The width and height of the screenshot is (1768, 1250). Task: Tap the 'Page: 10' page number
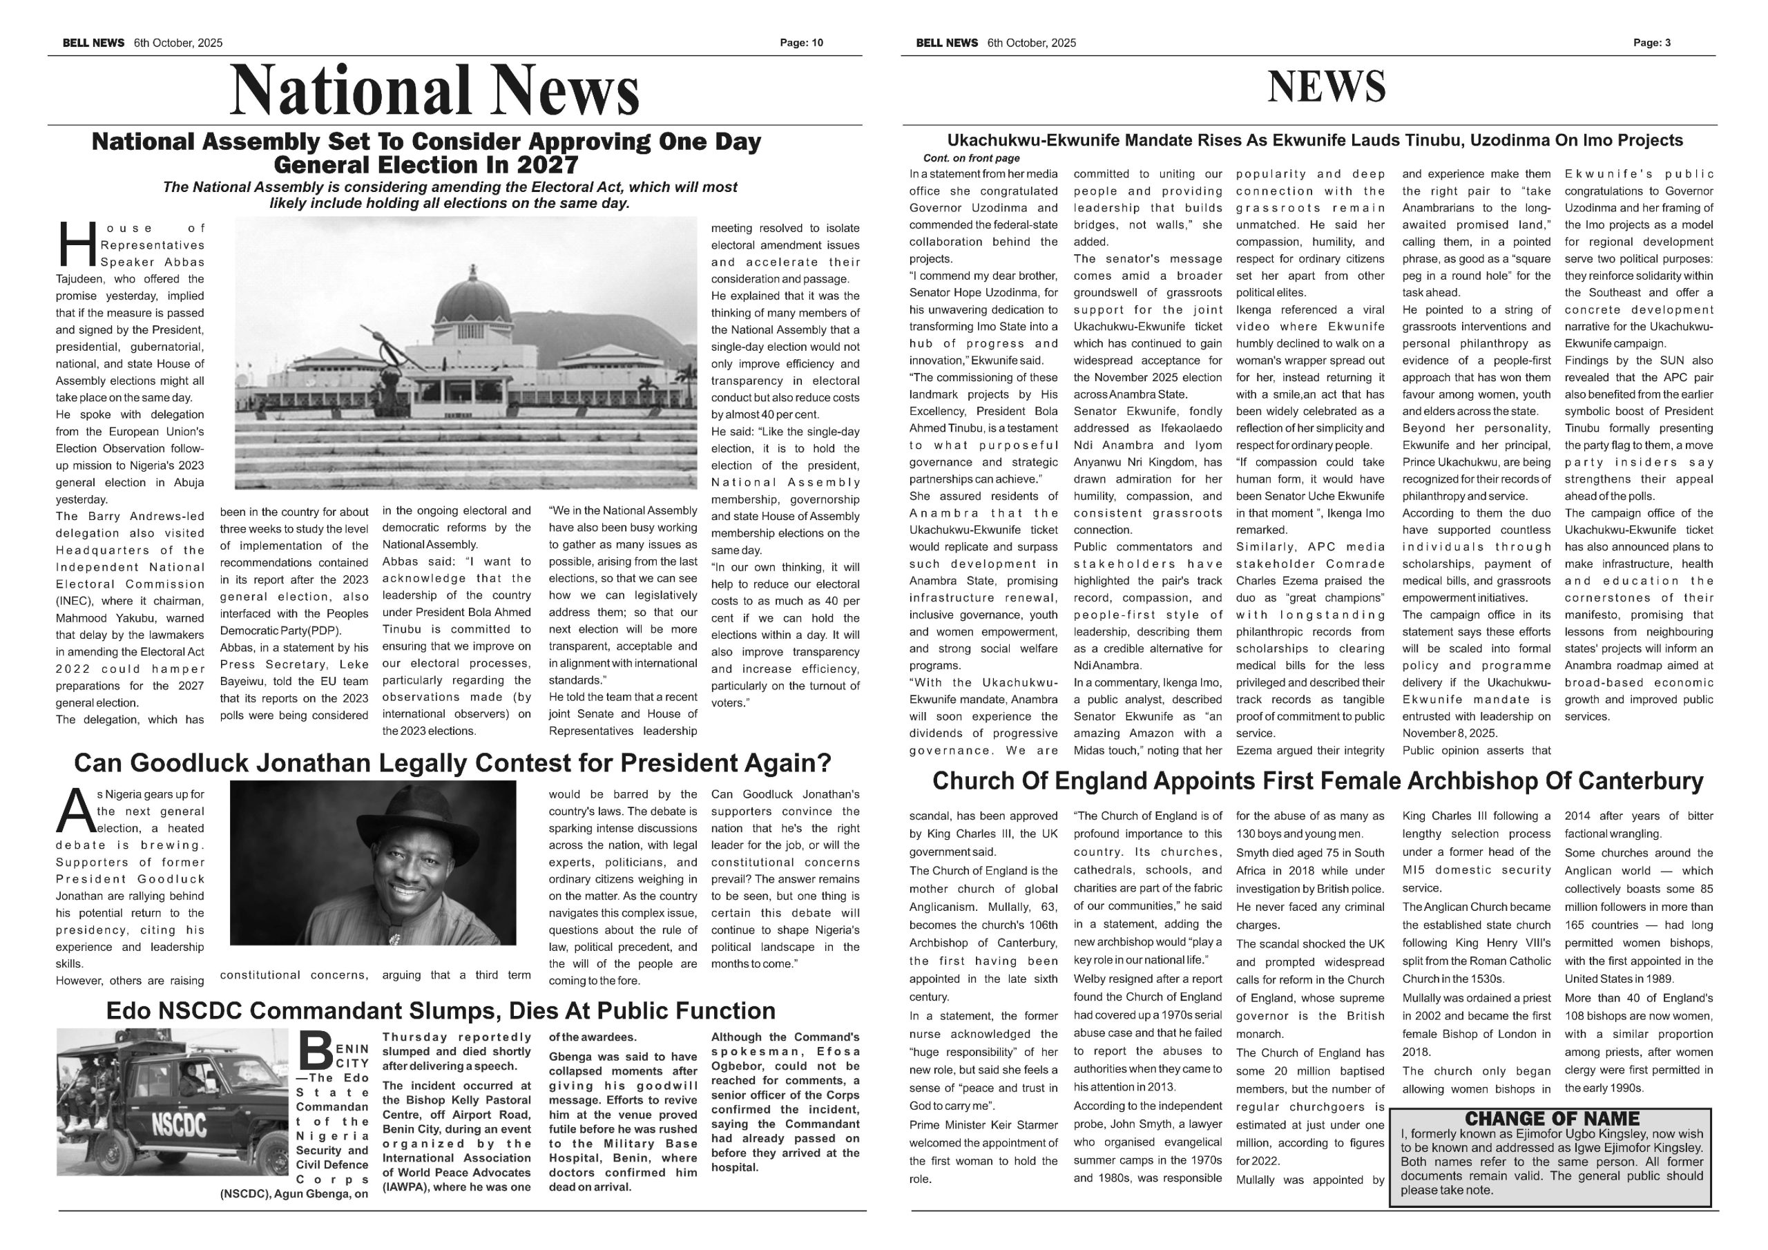(801, 43)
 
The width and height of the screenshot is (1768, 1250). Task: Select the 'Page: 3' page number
(1652, 43)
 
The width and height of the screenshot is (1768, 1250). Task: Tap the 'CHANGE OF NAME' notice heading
(1552, 1118)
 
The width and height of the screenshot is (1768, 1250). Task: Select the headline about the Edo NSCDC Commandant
(440, 1010)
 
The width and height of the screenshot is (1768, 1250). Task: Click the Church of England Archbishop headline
(1318, 781)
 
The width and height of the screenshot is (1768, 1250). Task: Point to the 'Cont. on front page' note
(971, 158)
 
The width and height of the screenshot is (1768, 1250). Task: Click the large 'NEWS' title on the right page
(1326, 87)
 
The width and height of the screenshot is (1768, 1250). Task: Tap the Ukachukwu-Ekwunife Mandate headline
(1314, 141)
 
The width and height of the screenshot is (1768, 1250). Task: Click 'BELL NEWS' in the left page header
(93, 43)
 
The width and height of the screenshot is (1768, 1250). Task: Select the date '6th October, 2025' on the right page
(1031, 43)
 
